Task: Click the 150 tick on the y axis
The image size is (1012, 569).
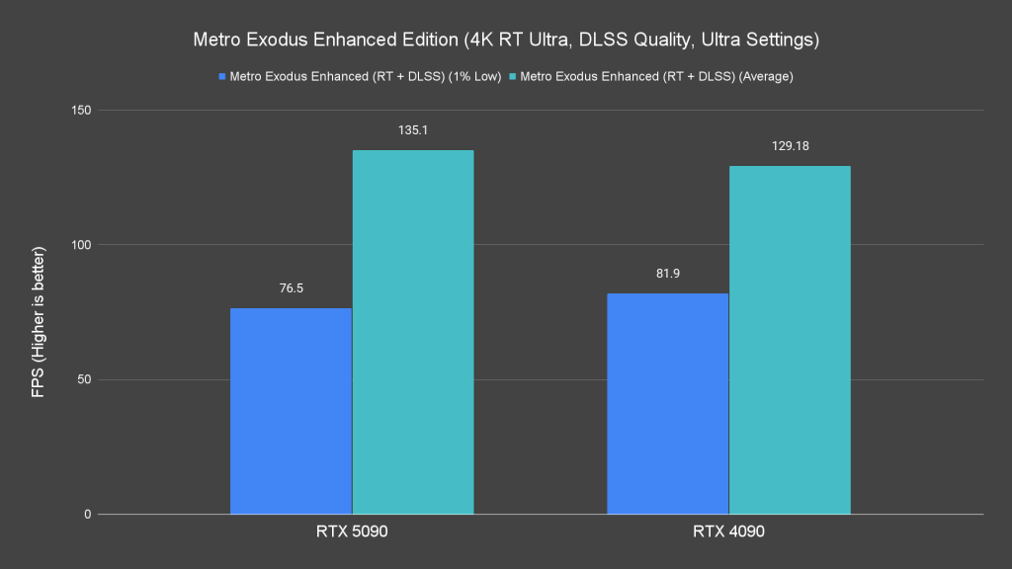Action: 80,110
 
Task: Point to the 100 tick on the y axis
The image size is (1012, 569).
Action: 80,245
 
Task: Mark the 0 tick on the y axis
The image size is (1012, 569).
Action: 87,514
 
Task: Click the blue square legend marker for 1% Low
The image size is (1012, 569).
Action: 223,75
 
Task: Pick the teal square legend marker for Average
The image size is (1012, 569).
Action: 513,75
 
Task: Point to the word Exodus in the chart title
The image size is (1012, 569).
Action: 274,41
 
